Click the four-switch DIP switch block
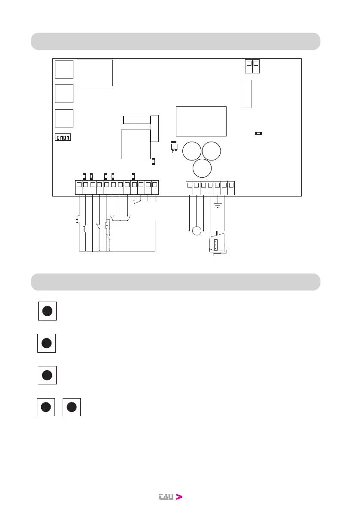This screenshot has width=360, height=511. pos(63,138)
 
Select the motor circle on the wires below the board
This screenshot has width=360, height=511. pos(197,231)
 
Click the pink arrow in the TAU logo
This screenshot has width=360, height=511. pos(179,497)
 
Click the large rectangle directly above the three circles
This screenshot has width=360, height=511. pos(201,121)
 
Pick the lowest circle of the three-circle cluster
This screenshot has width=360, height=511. pos(202,168)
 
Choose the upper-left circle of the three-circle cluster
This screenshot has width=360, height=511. pos(192,152)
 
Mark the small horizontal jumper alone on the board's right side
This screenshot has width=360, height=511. pos(258,133)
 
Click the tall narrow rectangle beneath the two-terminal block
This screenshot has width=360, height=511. pos(246,94)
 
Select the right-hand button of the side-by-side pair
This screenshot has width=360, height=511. pos(72,407)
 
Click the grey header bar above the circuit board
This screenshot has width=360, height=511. pos(175,41)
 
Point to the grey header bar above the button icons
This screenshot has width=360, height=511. pos(175,282)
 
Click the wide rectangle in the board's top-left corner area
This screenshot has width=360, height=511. pos(95,73)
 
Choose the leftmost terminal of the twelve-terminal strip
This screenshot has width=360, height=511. pos(79,185)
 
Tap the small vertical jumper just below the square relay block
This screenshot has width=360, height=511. pos(154,161)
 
